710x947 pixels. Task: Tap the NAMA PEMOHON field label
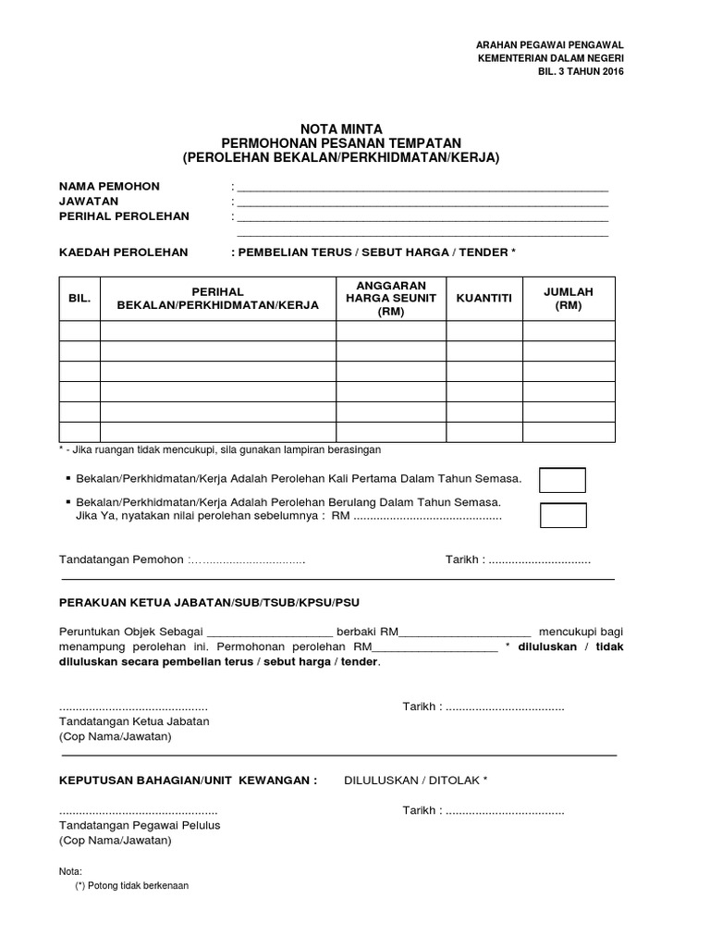pyautogui.click(x=109, y=187)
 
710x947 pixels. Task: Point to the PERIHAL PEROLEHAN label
pyautogui.click(x=124, y=216)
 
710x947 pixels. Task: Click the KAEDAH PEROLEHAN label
pyautogui.click(x=123, y=252)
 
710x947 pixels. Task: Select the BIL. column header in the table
pyautogui.click(x=80, y=299)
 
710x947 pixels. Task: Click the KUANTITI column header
pyautogui.click(x=484, y=299)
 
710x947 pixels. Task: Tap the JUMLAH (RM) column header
pyautogui.click(x=569, y=299)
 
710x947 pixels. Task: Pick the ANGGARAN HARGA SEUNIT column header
pyautogui.click(x=391, y=299)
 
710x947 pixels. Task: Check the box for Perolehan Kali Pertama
pyautogui.click(x=563, y=480)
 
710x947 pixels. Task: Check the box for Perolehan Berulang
pyautogui.click(x=563, y=514)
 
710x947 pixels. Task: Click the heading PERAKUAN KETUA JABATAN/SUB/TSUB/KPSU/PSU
pyautogui.click(x=209, y=602)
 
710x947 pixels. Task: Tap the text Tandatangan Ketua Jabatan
pyautogui.click(x=134, y=721)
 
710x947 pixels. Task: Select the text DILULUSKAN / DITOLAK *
pyautogui.click(x=415, y=781)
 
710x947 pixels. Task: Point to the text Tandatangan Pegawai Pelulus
pyautogui.click(x=140, y=825)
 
